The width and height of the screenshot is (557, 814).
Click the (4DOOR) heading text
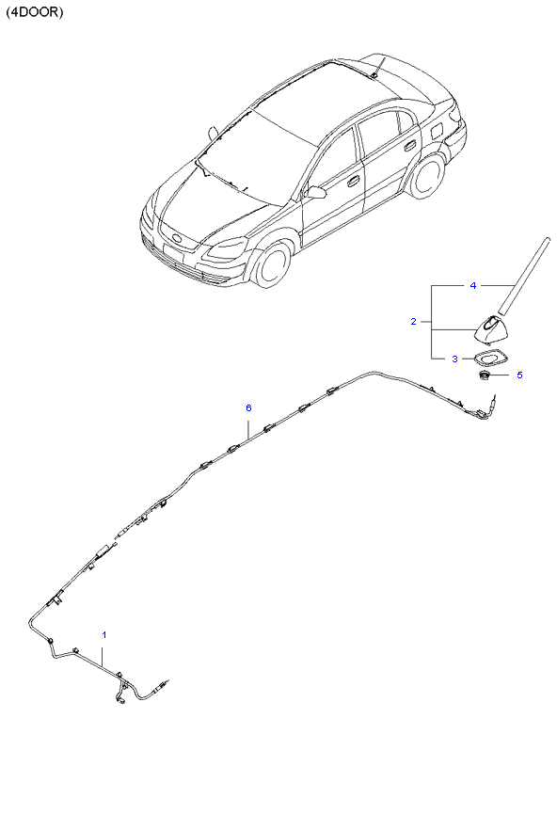35,12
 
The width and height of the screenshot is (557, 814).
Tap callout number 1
104,634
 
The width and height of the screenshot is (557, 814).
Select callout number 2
413,321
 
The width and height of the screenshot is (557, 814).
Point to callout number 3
454,359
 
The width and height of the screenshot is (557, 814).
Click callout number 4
473,285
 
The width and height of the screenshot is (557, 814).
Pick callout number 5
519,375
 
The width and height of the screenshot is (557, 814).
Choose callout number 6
248,407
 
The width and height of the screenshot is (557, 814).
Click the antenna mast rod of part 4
523,276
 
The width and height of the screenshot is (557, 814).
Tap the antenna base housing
491,330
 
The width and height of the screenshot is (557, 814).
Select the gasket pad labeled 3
491,359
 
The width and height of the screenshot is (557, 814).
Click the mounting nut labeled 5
485,375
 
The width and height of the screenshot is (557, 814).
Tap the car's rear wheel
427,176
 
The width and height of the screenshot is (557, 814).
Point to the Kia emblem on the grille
176,239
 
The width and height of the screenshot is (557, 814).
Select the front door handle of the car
353,181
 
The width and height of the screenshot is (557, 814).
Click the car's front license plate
173,253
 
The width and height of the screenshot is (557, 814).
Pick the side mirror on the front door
315,193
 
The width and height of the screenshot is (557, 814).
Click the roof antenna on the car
378,68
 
